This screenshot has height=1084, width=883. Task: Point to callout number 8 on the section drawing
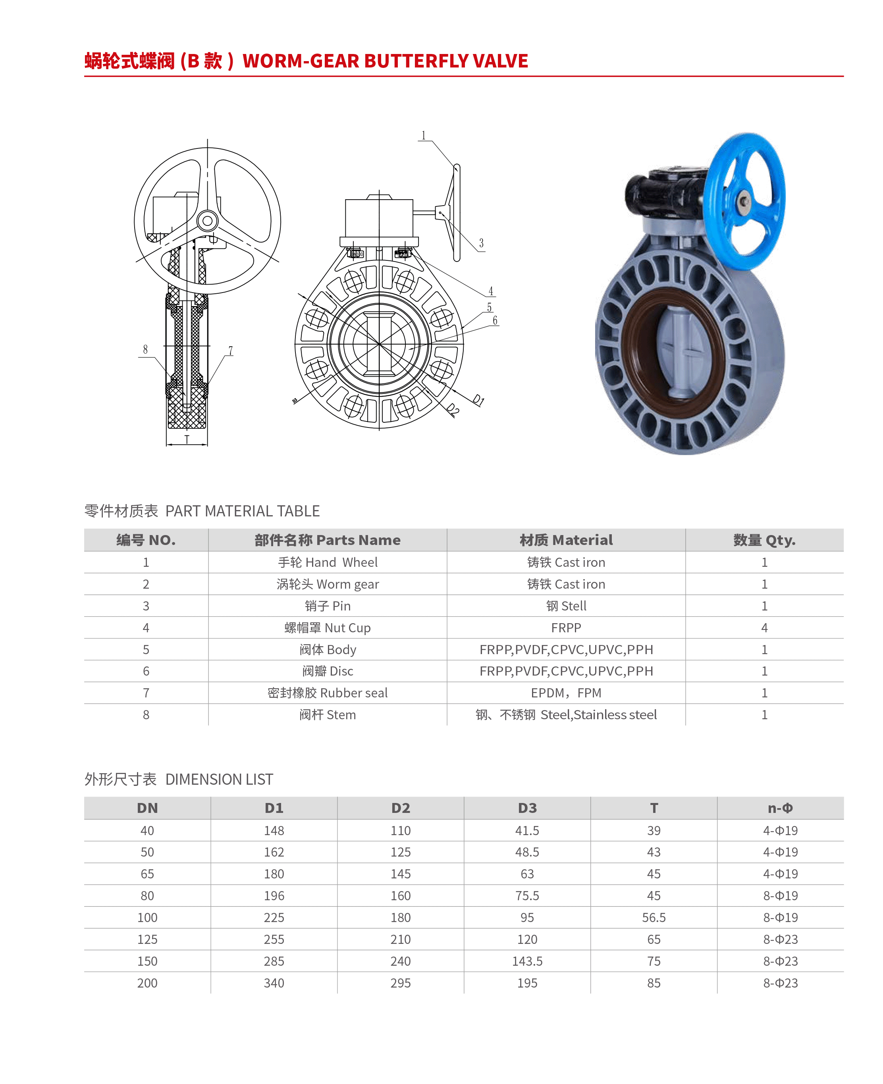click(x=145, y=349)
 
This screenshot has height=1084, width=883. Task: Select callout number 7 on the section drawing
click(x=230, y=350)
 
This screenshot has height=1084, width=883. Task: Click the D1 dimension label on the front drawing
click(x=478, y=400)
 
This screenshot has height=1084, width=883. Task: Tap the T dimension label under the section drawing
click(x=187, y=439)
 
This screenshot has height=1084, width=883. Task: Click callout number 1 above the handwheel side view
click(x=423, y=135)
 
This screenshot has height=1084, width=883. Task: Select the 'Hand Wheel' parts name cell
click(x=328, y=562)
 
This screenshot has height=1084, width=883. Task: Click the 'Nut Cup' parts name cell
click(x=328, y=628)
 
